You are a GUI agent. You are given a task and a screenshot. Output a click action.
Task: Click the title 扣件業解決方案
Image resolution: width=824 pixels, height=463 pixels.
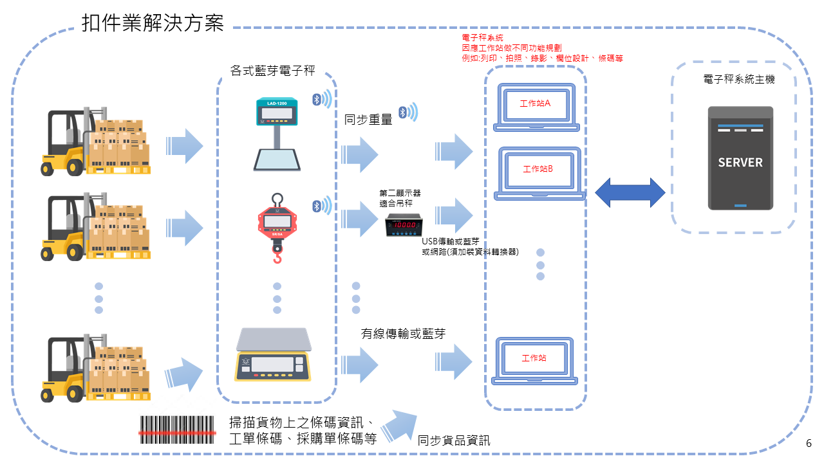(153, 24)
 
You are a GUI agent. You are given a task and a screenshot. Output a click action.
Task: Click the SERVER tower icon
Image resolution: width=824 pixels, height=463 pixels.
(740, 158)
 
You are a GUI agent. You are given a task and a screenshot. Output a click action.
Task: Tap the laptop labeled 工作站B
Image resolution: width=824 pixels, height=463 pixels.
(538, 172)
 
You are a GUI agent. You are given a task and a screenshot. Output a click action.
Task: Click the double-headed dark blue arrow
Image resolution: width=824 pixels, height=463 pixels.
(630, 192)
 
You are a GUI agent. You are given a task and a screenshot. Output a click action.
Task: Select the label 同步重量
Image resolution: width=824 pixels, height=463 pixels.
(368, 119)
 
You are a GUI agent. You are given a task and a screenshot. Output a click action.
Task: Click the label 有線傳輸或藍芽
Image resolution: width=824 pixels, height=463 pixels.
(403, 333)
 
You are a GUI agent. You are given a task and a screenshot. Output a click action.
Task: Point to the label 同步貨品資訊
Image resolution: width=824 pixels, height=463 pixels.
(454, 440)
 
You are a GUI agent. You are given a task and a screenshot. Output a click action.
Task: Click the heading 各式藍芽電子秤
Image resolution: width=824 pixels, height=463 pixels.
(273, 72)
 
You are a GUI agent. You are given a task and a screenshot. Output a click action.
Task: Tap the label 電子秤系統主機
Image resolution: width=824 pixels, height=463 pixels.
(739, 80)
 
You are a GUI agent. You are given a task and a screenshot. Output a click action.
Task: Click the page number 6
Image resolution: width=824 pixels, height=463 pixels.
(809, 444)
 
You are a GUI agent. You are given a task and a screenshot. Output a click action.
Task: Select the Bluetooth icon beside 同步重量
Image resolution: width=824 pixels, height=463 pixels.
(404, 113)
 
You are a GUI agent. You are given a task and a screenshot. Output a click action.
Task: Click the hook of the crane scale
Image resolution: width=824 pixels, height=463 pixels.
(277, 257)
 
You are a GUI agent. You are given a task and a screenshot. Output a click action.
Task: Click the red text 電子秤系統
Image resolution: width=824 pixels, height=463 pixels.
(483, 39)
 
